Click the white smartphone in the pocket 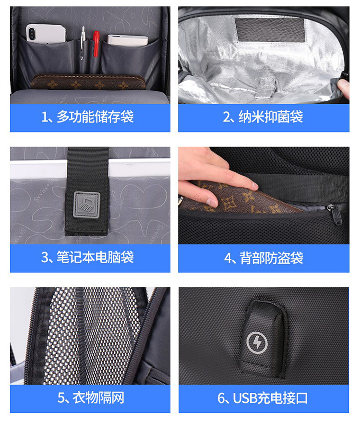pyautogui.click(x=46, y=34)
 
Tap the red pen pyautogui.click(x=96, y=44)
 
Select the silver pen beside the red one pyautogui.click(x=83, y=43)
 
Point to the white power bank pyautogui.click(x=128, y=40)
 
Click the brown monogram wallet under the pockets pyautogui.click(x=88, y=82)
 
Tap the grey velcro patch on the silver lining pyautogui.click(x=270, y=29)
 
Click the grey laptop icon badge pyautogui.click(x=87, y=205)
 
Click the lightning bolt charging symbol pyautogui.click(x=257, y=343)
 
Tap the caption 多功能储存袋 pyautogui.click(x=95, y=117)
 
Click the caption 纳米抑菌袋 pyautogui.click(x=270, y=117)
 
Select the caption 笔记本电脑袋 pyautogui.click(x=95, y=257)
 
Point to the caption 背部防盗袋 pyautogui.click(x=271, y=258)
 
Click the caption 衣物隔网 pyautogui.click(x=98, y=398)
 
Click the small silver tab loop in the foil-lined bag pyautogui.click(x=266, y=86)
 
